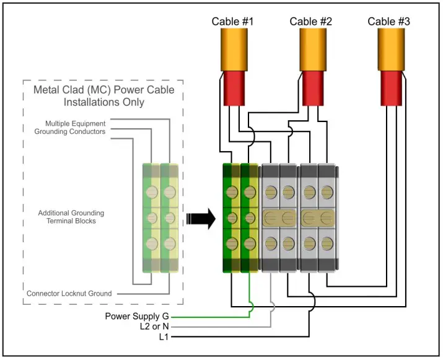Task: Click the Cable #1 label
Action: [232, 22]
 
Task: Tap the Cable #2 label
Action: [311, 22]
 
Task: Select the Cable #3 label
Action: [389, 22]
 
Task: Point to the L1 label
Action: [162, 337]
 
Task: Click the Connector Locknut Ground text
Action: [69, 293]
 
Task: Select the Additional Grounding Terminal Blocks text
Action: [71, 217]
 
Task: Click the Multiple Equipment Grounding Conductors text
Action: [75, 128]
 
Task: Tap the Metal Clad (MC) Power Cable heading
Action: [103, 90]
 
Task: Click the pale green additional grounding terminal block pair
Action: [160, 218]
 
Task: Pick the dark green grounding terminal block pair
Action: [240, 218]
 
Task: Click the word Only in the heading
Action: [133, 102]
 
